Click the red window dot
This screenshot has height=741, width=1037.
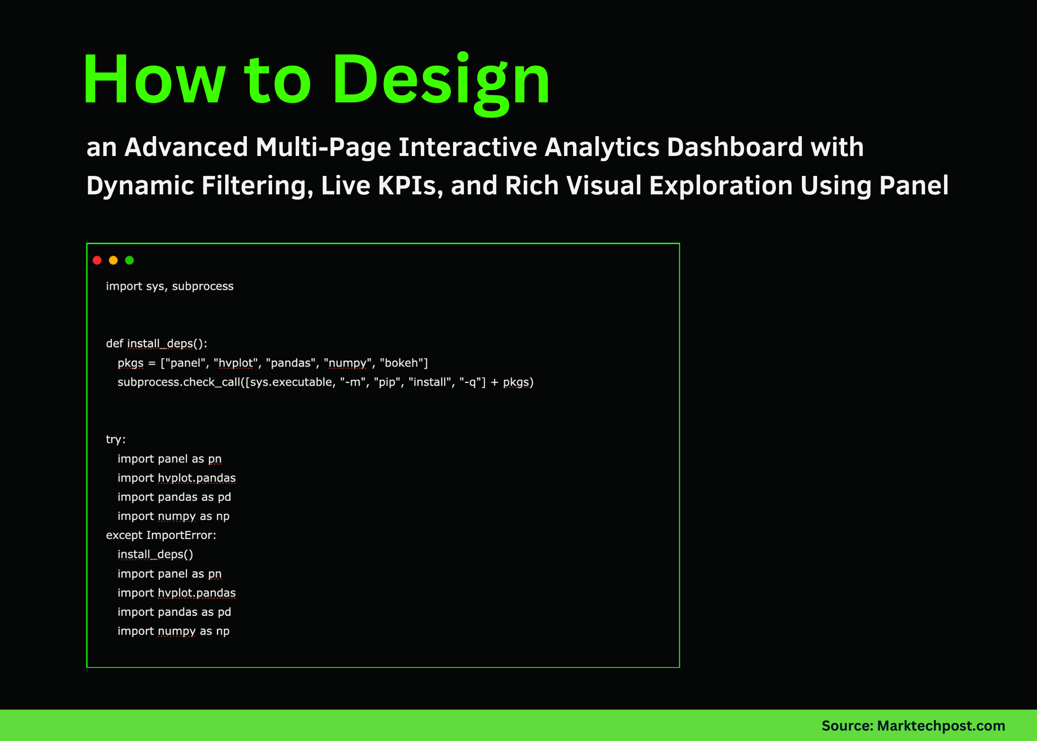point(97,260)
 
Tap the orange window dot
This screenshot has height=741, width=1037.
point(113,260)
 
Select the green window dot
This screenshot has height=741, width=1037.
point(129,260)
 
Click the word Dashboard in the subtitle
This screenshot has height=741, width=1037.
point(735,147)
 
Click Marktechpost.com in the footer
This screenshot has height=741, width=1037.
point(941,726)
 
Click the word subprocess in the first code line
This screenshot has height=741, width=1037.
point(202,286)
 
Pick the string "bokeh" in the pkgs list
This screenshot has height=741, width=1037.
point(401,363)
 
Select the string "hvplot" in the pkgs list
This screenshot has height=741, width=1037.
point(236,363)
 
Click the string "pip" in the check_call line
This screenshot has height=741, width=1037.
point(387,383)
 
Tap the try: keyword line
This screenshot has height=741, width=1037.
point(116,439)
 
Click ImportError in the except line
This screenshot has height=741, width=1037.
point(181,535)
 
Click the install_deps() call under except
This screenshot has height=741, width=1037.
point(155,555)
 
